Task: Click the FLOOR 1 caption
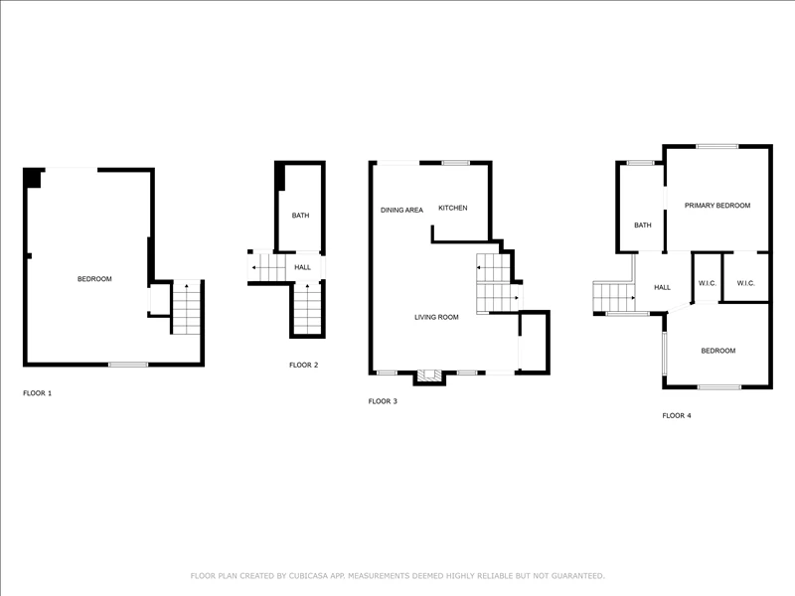pos(37,393)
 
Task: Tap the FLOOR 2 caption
pos(304,365)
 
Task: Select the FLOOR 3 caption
pos(383,401)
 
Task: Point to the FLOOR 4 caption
pos(677,415)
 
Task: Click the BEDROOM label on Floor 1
pos(94,279)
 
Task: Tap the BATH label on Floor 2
pos(300,216)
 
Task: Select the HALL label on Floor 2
pos(303,267)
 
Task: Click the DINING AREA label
pos(401,210)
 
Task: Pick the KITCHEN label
pos(453,208)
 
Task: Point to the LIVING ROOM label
pos(436,317)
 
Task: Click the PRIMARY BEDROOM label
pos(717,206)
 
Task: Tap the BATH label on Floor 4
pos(642,225)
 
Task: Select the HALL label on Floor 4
pos(662,287)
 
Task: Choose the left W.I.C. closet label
pos(708,283)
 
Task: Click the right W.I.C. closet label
pos(746,283)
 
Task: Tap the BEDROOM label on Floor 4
pos(717,351)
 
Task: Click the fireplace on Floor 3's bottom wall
pos(429,376)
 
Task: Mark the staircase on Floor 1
pos(187,307)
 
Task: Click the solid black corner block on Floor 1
pos(34,179)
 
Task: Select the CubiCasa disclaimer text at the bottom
pos(397,576)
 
